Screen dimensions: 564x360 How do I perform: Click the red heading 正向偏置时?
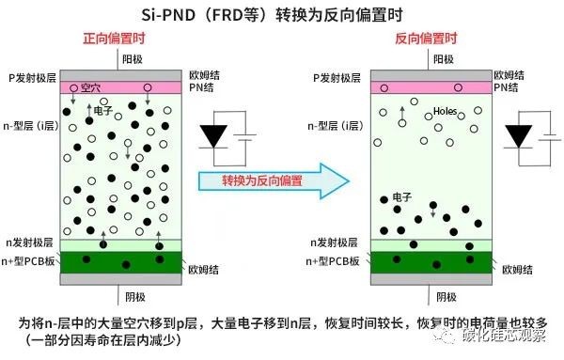click(114, 39)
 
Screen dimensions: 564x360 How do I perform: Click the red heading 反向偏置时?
click(426, 39)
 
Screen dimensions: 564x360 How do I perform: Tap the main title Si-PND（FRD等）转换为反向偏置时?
click(272, 15)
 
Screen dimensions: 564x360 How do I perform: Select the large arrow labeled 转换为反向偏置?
click(274, 180)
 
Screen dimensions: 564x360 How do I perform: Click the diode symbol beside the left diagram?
click(213, 136)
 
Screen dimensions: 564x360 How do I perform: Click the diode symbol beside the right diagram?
click(518, 136)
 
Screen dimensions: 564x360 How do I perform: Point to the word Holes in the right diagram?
click(445, 111)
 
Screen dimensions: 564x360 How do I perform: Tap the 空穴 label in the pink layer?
click(90, 87)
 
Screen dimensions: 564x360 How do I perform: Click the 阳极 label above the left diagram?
click(133, 59)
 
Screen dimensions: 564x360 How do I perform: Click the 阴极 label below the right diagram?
click(446, 297)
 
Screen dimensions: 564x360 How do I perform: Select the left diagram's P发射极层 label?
click(32, 78)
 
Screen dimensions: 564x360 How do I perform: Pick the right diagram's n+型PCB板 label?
click(333, 261)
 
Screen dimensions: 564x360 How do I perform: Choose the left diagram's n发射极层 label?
click(29, 243)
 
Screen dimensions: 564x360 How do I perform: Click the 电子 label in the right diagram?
click(401, 197)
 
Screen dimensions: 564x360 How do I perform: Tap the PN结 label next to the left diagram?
click(201, 87)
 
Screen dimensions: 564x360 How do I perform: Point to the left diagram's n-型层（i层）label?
click(31, 126)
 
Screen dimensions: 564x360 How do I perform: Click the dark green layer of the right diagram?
click(431, 262)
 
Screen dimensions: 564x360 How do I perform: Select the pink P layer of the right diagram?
click(431, 87)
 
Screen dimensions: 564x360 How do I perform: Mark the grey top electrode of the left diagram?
click(121, 75)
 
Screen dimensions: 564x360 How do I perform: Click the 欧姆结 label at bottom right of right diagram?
click(517, 270)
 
